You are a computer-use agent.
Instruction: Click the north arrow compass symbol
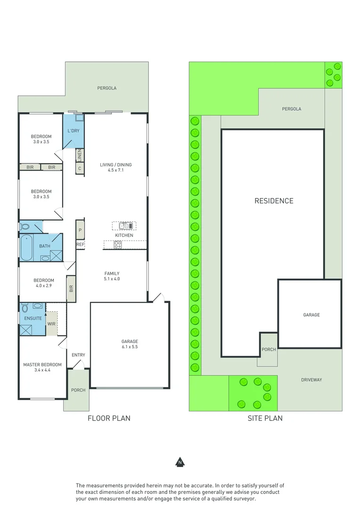180,462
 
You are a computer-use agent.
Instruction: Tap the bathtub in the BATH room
27,248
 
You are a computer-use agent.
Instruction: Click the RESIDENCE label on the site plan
274,201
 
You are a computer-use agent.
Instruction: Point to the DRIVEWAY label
311,380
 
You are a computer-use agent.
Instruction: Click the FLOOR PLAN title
109,418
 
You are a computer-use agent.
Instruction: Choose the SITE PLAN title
265,418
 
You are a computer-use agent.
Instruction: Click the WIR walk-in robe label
51,324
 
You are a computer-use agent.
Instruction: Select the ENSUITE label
33,318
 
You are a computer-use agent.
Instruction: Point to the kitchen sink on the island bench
124,225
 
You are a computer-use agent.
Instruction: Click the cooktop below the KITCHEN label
117,245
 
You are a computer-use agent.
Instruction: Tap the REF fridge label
81,245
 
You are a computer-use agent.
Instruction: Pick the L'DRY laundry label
74,131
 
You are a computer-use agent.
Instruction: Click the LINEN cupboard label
80,155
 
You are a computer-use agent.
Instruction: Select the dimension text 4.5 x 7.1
116,171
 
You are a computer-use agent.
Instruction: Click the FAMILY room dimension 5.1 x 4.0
112,279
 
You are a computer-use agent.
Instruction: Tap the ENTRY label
78,355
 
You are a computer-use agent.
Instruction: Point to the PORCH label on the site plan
269,349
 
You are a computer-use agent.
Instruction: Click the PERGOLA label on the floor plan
106,88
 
